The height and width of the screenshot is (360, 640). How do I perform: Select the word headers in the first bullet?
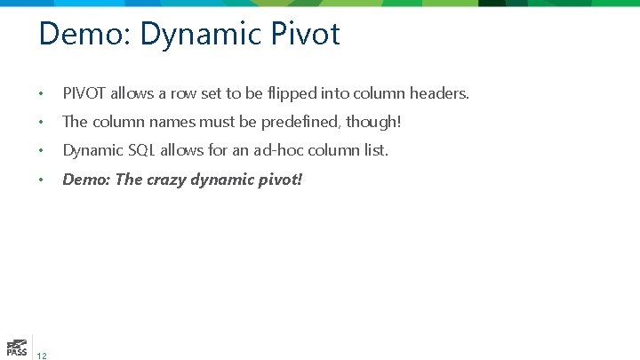point(439,92)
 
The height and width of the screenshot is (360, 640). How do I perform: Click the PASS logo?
point(15,348)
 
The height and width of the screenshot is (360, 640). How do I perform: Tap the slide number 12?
point(43,356)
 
